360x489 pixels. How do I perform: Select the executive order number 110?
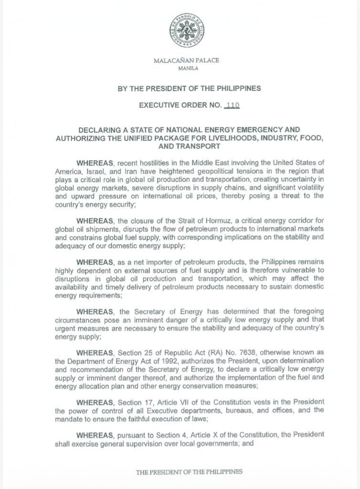pyautogui.click(x=233, y=105)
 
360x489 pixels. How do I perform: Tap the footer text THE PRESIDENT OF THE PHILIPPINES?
pyautogui.click(x=189, y=472)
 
